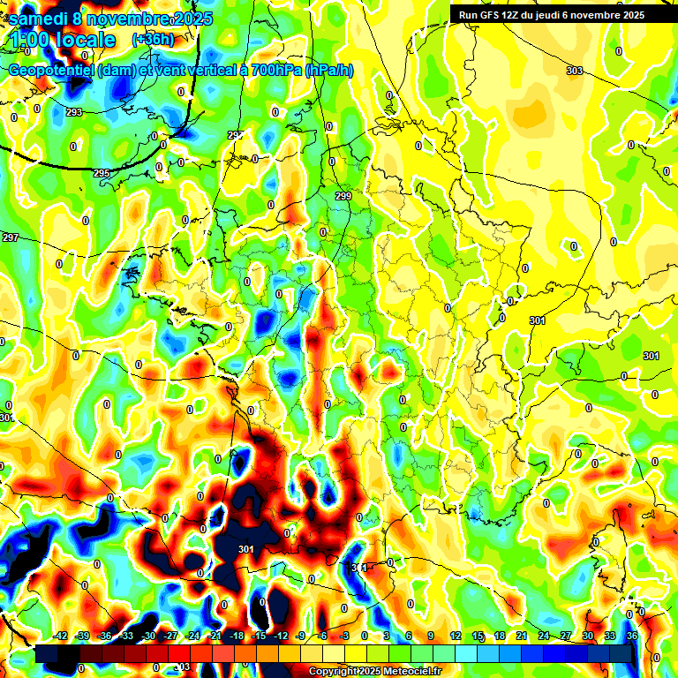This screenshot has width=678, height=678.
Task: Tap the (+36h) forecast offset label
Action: (x=152, y=40)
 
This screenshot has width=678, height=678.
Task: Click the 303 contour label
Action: (x=575, y=71)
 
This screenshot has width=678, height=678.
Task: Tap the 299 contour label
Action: (x=343, y=196)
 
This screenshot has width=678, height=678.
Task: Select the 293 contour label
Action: (x=74, y=112)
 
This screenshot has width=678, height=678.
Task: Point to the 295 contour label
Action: (x=102, y=174)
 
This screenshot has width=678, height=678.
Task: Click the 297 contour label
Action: (x=11, y=238)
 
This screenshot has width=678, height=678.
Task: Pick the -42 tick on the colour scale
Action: (x=61, y=636)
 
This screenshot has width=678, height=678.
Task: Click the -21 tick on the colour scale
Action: (x=215, y=636)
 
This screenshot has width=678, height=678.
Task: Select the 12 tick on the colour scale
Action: (x=456, y=636)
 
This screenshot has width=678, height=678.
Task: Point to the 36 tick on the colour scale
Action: (x=631, y=636)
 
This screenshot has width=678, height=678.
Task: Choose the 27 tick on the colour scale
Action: (x=566, y=636)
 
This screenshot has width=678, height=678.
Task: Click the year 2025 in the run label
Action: (x=629, y=14)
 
